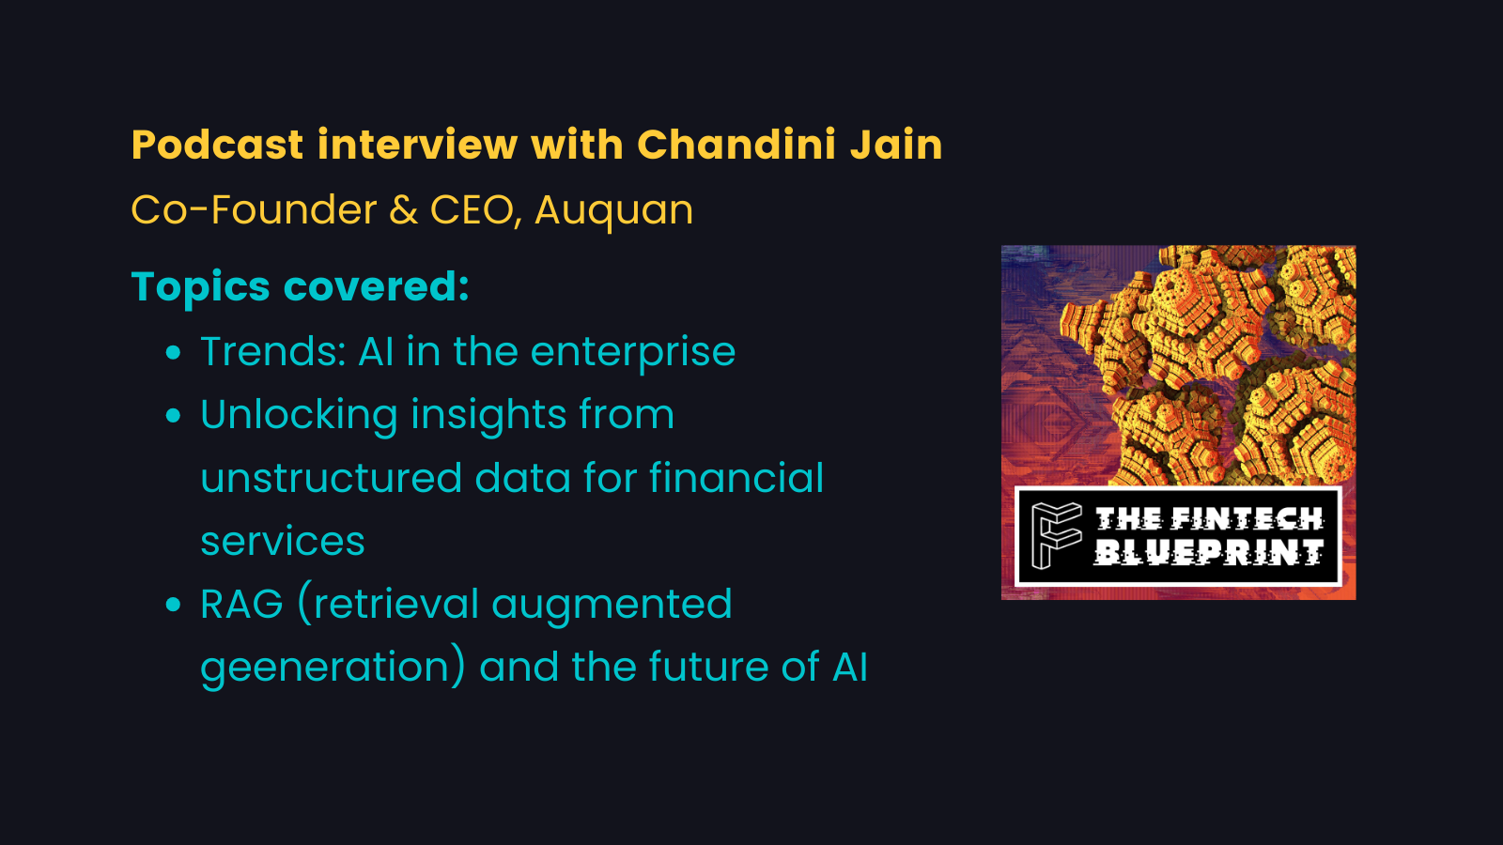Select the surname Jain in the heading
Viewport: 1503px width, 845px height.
coord(896,146)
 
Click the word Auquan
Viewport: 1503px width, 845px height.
coord(613,209)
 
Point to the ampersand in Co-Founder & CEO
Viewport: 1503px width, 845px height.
coord(403,209)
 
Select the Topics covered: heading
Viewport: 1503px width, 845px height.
coord(300,286)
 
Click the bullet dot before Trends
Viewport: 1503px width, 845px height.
coord(173,353)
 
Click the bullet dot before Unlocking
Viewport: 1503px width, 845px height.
coord(173,416)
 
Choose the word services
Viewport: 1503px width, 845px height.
coord(282,542)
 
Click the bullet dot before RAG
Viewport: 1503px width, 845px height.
coord(173,605)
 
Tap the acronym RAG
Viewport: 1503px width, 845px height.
coord(241,605)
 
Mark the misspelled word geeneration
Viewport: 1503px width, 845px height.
coord(332,668)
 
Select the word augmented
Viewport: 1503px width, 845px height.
coord(612,605)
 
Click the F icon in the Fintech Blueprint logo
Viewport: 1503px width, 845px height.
coord(1056,535)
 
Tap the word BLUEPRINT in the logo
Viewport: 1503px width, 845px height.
coord(1209,554)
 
